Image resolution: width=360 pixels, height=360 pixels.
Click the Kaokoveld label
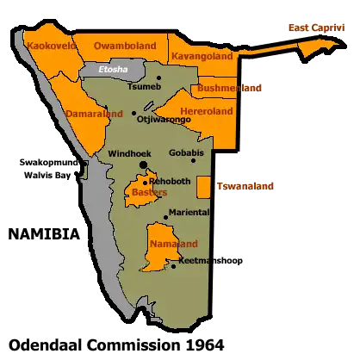pyautogui.click(x=51, y=44)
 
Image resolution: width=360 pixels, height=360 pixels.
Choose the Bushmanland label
pyautogui.click(x=229, y=88)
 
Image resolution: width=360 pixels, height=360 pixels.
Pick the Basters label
pyautogui.click(x=150, y=193)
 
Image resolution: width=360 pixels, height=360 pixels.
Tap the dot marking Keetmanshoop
pyautogui.click(x=175, y=266)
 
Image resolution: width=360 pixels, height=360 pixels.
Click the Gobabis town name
pyautogui.click(x=186, y=152)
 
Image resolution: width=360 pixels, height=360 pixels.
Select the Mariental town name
pyautogui.click(x=189, y=212)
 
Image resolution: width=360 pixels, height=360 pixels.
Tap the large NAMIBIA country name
pyautogui.click(x=44, y=234)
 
